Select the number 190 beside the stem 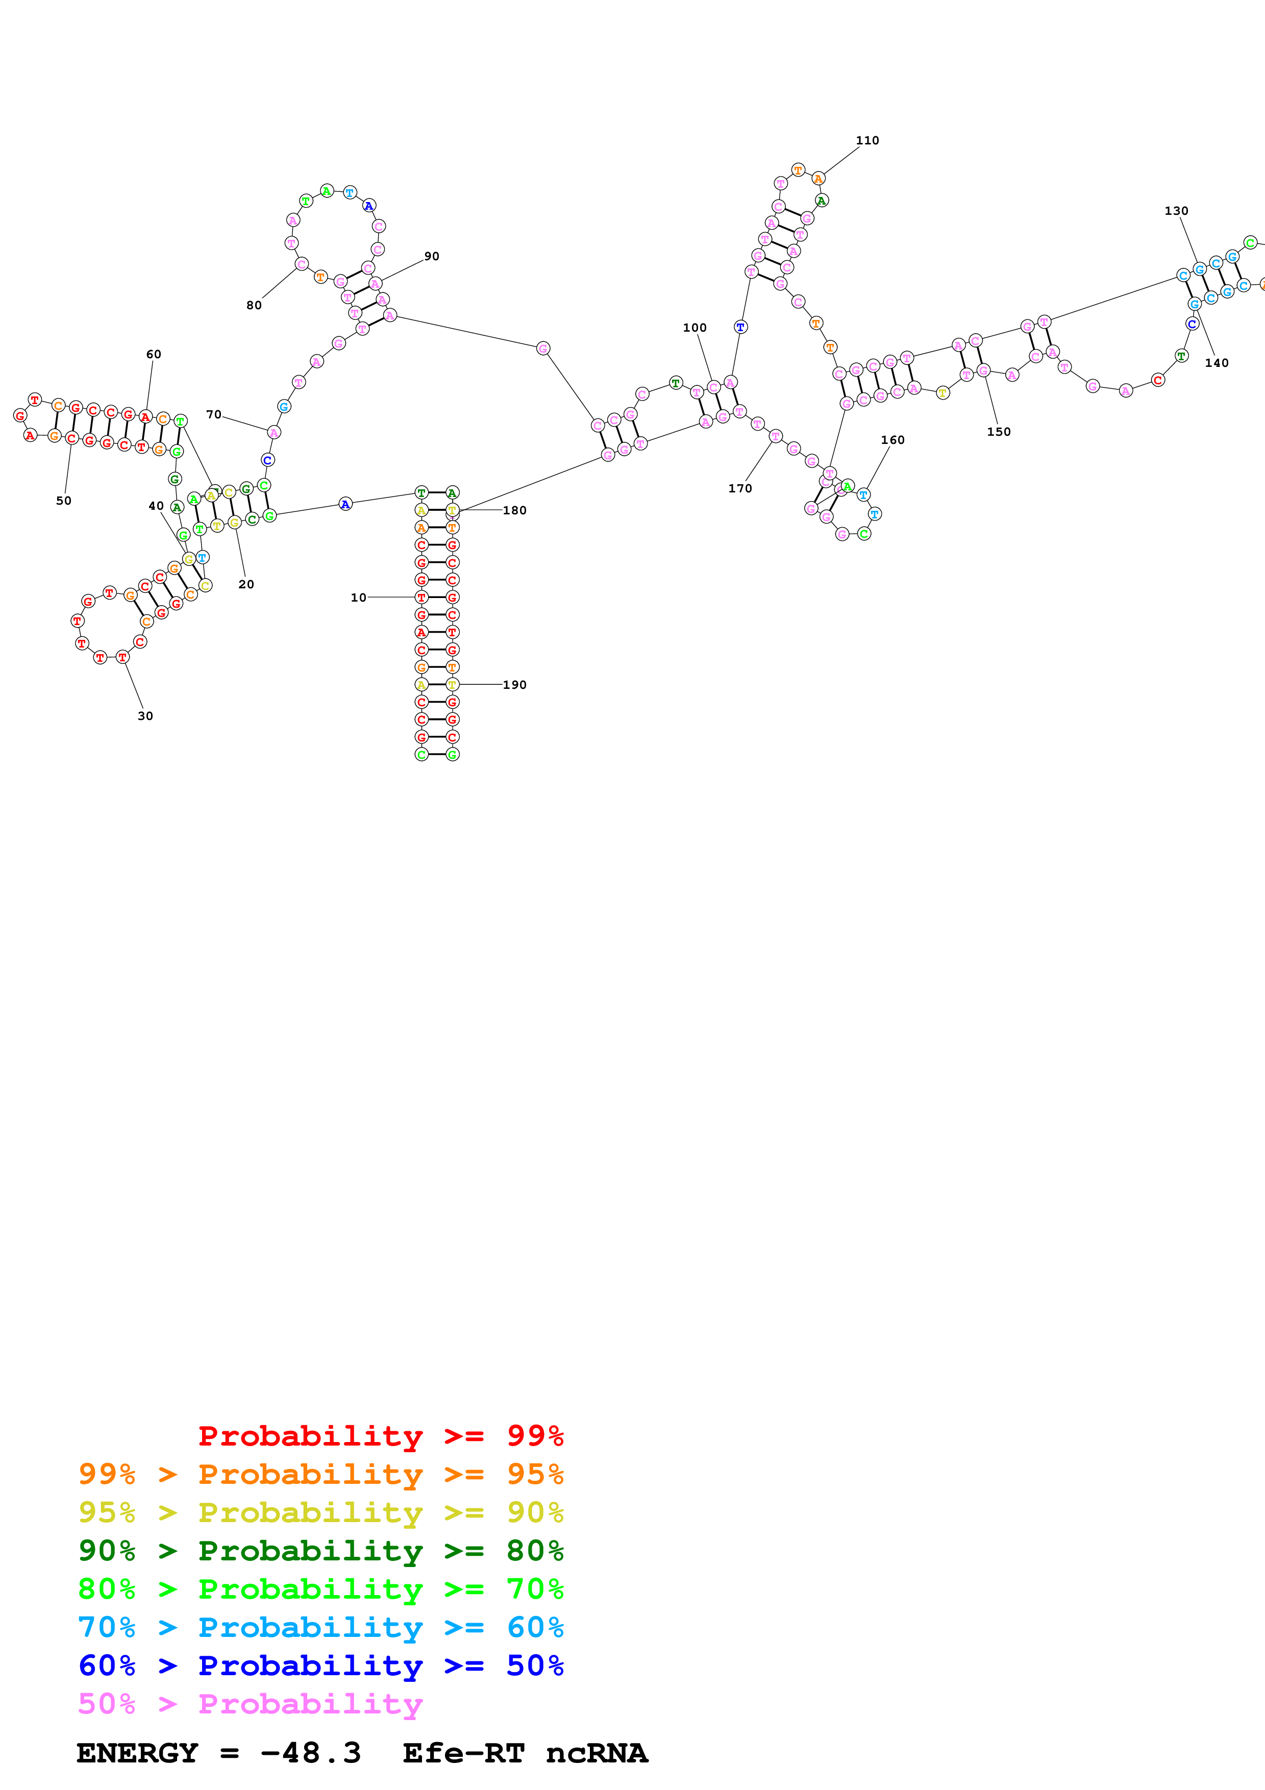[514, 684]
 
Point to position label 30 [145, 716]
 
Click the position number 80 [254, 305]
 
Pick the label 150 [999, 431]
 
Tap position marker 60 [154, 354]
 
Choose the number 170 [740, 488]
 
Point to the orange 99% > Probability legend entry [320, 1474]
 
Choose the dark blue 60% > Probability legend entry [320, 1665]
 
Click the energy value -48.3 [310, 1753]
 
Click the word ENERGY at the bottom [137, 1753]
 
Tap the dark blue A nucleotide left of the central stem [345, 505]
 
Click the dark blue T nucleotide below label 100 [740, 328]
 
